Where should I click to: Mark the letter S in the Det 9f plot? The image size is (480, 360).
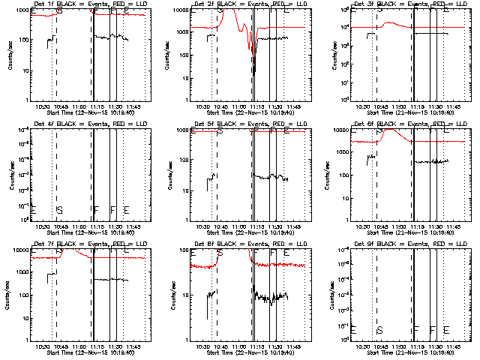click(379, 330)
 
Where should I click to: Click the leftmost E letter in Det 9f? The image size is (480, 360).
click(353, 330)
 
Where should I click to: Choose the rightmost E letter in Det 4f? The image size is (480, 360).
click(126, 209)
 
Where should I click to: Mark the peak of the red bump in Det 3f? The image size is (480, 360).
click(387, 23)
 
